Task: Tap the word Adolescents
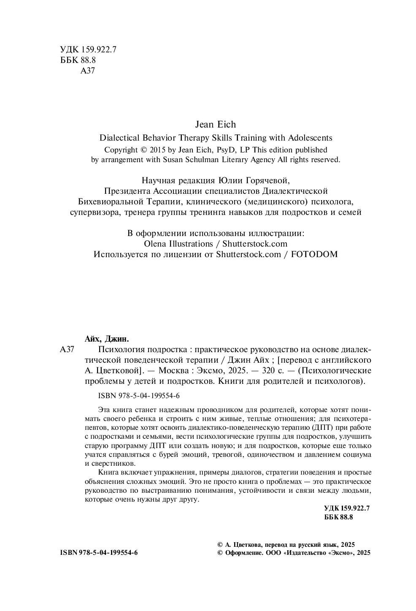click(x=310, y=138)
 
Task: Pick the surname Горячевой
click(x=268, y=181)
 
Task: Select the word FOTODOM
click(x=314, y=254)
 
